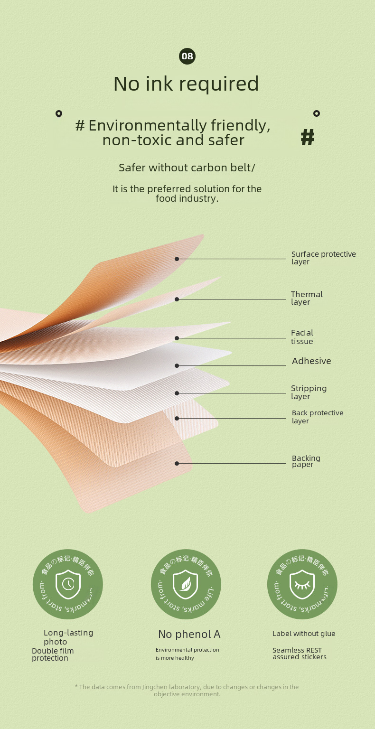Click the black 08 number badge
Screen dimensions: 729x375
(x=187, y=56)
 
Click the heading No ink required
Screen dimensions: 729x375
(x=186, y=84)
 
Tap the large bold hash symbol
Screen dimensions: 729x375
(x=308, y=137)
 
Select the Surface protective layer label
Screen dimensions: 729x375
(x=323, y=258)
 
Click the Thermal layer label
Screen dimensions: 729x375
(x=307, y=298)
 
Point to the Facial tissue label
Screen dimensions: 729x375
(x=302, y=337)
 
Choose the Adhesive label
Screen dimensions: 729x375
(x=311, y=361)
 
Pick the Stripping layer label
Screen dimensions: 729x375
(x=309, y=392)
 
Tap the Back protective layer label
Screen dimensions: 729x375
(x=317, y=417)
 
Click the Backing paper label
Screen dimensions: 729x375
(x=306, y=461)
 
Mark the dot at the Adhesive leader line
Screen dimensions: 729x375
(x=177, y=365)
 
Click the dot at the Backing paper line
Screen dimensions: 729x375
(x=177, y=463)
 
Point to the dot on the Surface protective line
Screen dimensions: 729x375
(x=177, y=259)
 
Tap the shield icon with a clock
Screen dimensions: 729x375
(x=68, y=584)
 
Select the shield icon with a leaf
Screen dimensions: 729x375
(x=185, y=584)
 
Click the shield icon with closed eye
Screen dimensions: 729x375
(x=302, y=584)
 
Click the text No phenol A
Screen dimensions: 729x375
(x=189, y=634)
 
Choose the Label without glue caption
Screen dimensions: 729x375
(x=304, y=634)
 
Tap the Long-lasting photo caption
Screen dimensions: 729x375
(x=68, y=637)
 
